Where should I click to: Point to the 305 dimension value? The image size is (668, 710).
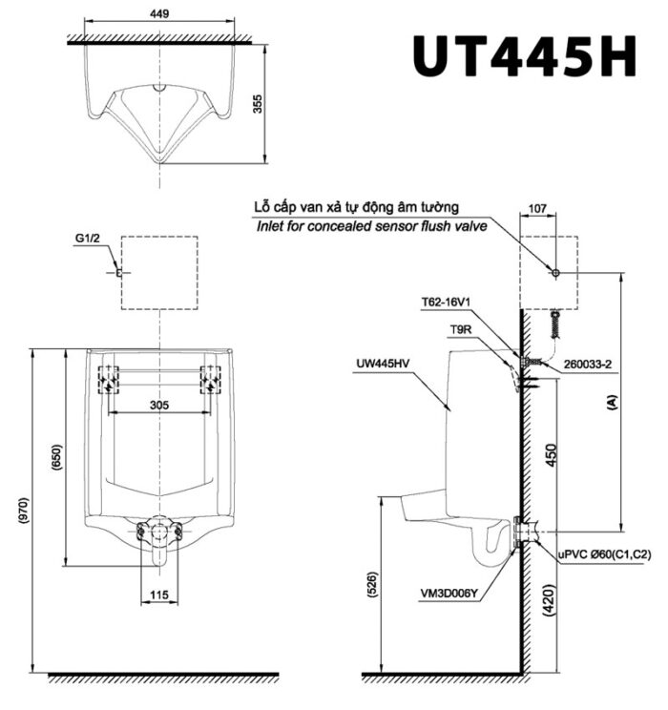[x=159, y=405]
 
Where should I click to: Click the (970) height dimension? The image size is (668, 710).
[x=24, y=515]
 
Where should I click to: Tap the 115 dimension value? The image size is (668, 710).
[x=159, y=595]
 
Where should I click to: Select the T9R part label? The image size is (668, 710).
[x=462, y=328]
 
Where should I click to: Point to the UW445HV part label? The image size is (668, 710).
[x=383, y=363]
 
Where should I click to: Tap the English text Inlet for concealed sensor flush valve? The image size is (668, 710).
[x=371, y=227]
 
